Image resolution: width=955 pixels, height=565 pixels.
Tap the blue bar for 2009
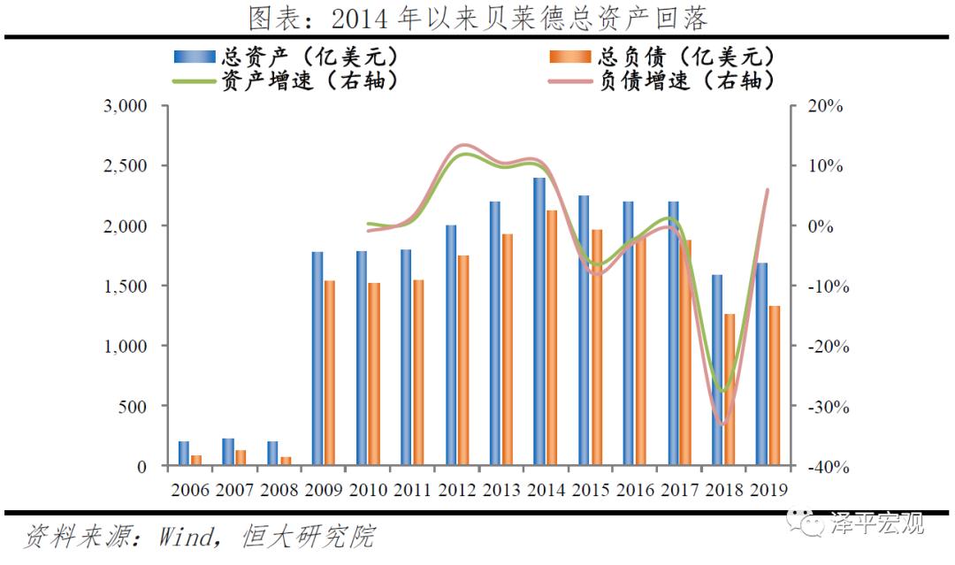[317, 358]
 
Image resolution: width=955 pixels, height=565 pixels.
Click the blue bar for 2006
[183, 454]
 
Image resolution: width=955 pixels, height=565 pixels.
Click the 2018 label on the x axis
[722, 490]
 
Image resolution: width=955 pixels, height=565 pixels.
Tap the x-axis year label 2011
[412, 490]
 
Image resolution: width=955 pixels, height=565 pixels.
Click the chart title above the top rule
[477, 18]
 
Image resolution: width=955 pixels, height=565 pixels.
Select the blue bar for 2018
[716, 370]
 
